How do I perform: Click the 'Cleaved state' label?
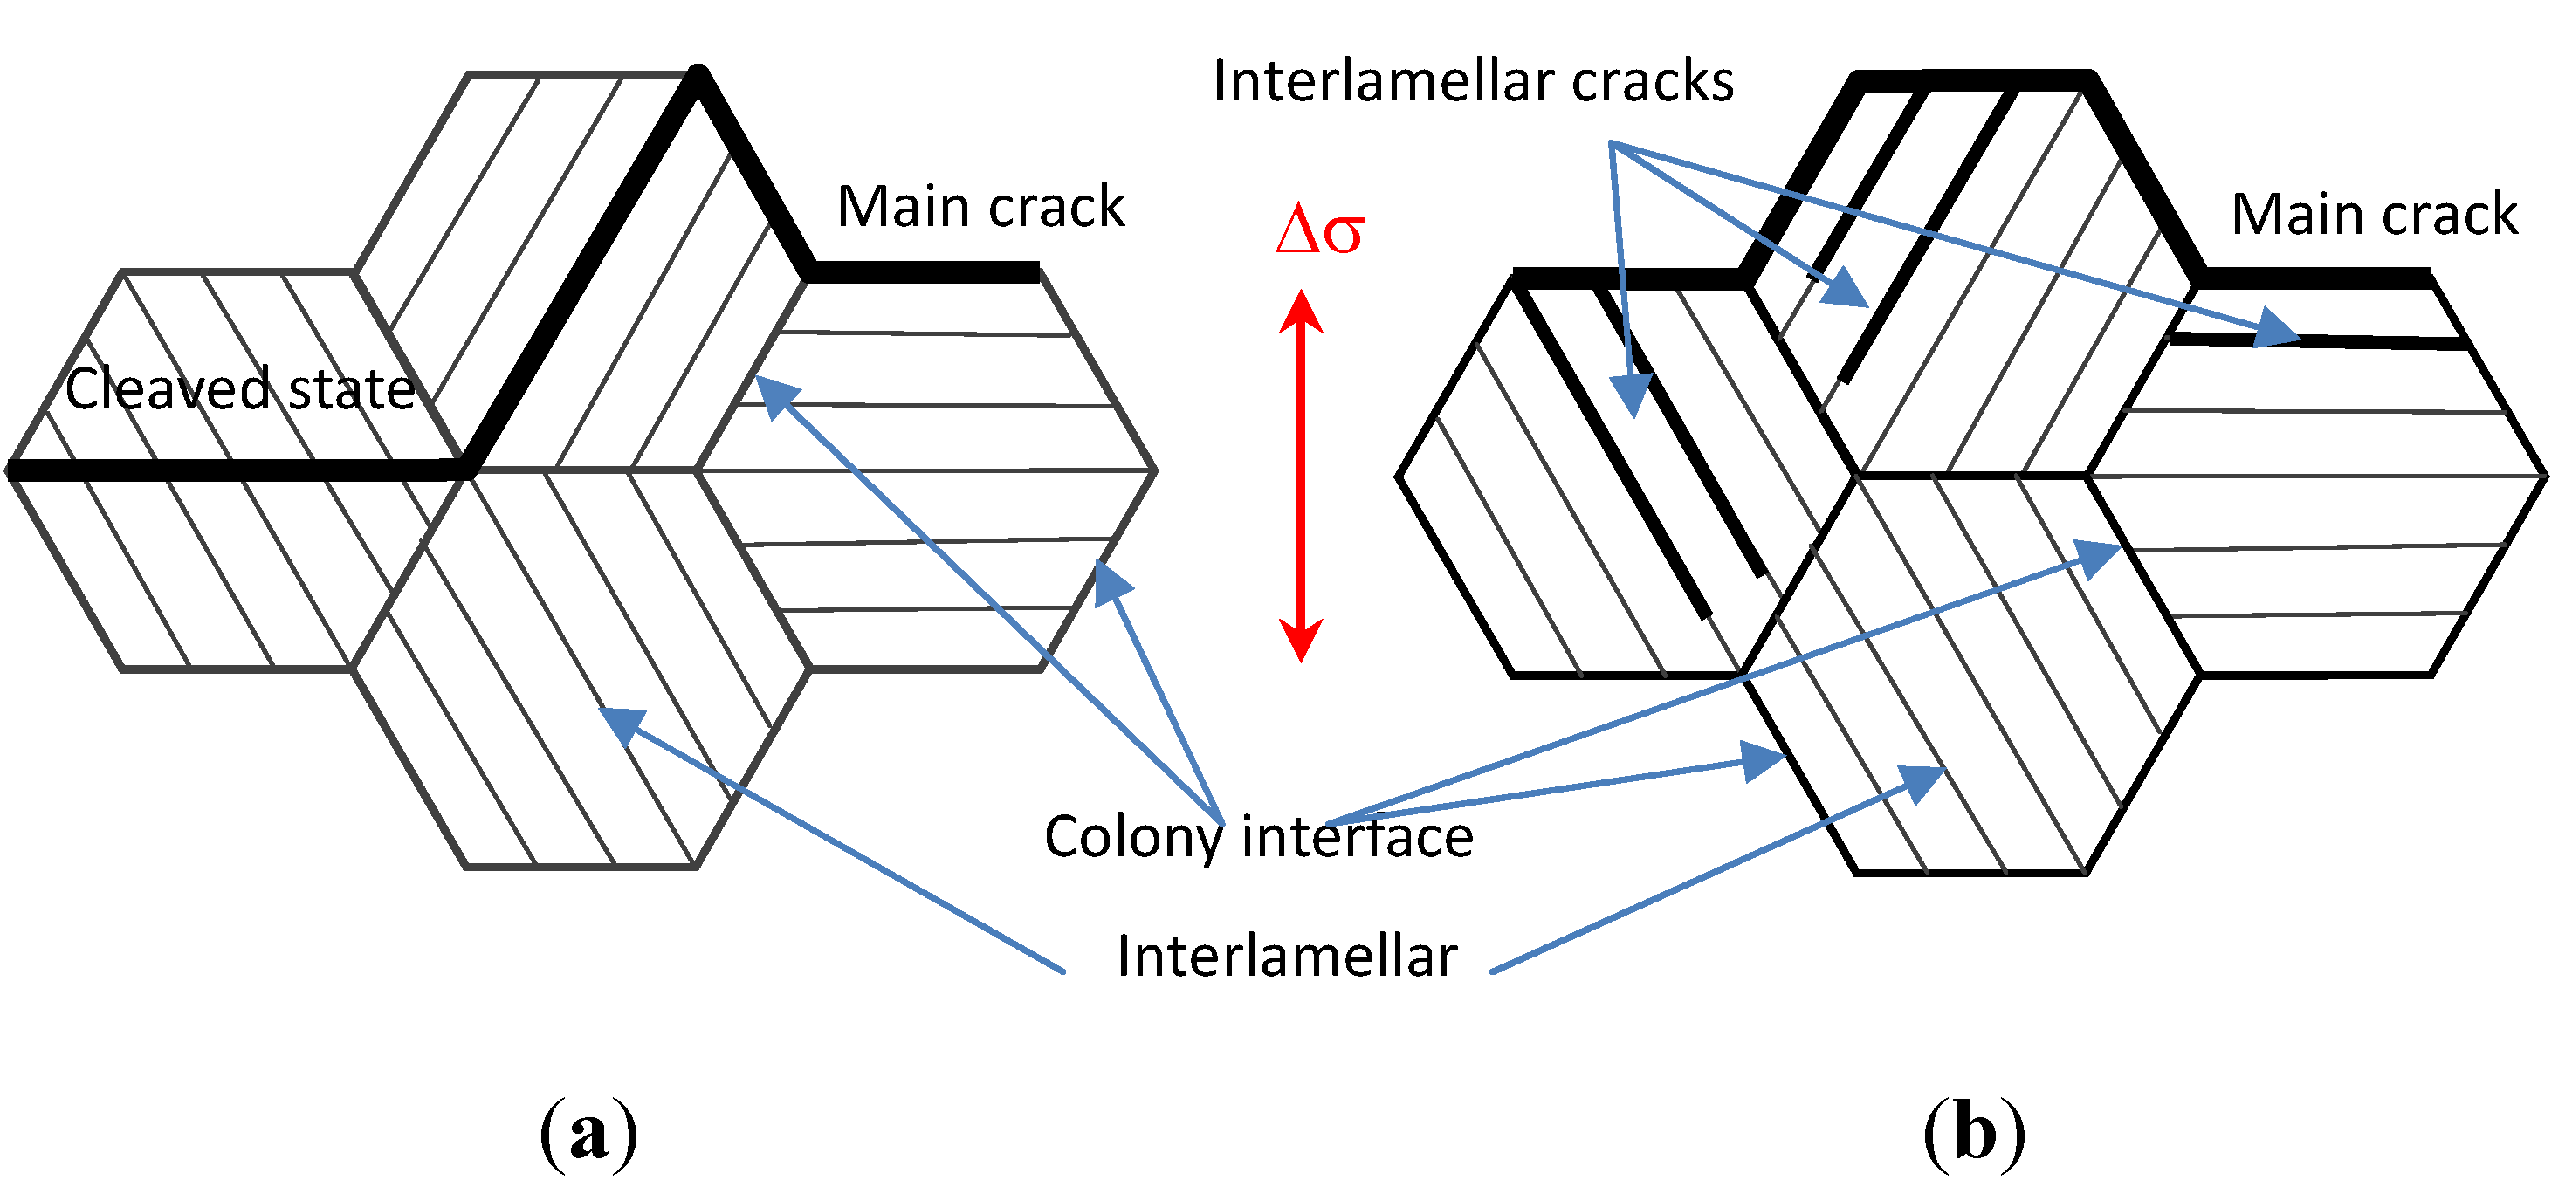(239, 388)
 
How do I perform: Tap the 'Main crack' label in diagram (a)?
(980, 207)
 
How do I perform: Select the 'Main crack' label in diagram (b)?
(2375, 215)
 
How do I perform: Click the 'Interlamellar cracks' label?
(1473, 81)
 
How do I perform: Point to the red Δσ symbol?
(1319, 230)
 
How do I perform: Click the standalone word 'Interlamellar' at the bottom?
(1286, 956)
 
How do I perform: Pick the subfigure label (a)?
(588, 1133)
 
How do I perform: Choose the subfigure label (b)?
(1974, 1133)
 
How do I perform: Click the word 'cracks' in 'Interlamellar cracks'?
(1653, 81)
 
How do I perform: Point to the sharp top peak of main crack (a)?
(700, 72)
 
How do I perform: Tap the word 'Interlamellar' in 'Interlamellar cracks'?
(1384, 81)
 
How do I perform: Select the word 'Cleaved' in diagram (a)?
(168, 388)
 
